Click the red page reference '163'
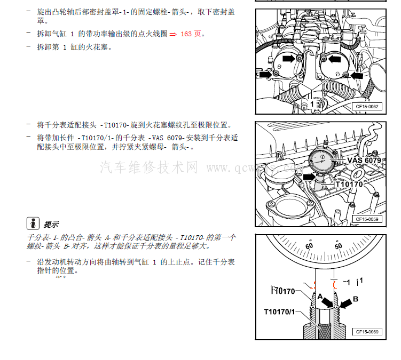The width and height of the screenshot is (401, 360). pyautogui.click(x=187, y=34)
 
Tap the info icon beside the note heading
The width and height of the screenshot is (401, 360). pyautogui.click(x=33, y=223)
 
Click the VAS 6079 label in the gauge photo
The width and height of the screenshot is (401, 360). pyautogui.click(x=364, y=160)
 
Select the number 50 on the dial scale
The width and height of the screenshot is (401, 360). pyautogui.click(x=337, y=246)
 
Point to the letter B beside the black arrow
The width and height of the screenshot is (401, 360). pyautogui.click(x=355, y=299)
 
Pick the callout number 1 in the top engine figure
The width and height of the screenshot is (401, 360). pyautogui.click(x=312, y=105)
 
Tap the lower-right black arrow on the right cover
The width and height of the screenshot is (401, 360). pyautogui.click(x=357, y=76)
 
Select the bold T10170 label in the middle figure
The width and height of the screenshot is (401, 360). pyautogui.click(x=349, y=185)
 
